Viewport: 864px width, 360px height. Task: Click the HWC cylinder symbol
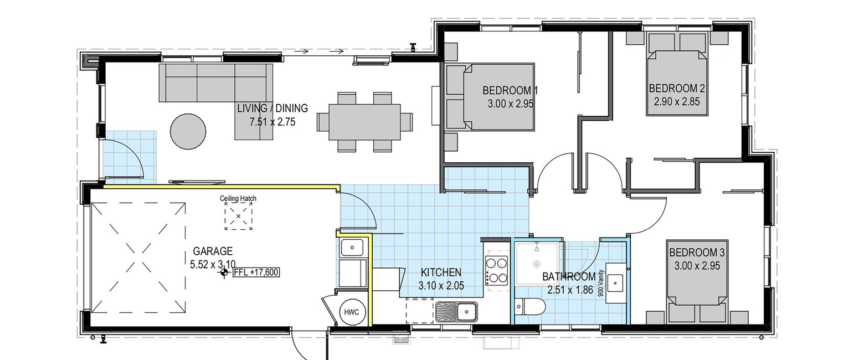click(x=352, y=312)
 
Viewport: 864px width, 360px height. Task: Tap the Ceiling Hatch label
click(x=238, y=198)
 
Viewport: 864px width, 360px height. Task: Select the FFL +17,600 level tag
click(x=256, y=272)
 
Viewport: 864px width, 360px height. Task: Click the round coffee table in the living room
click(x=188, y=131)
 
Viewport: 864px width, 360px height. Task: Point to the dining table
click(x=364, y=122)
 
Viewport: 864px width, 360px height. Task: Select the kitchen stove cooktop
click(x=496, y=270)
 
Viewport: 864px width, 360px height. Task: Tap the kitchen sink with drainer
click(x=457, y=311)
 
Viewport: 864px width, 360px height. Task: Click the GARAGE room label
click(x=213, y=251)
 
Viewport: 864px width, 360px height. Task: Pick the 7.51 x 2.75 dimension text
click(x=272, y=122)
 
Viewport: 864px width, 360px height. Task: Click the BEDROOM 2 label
click(x=677, y=89)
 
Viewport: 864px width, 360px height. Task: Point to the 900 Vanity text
click(x=600, y=283)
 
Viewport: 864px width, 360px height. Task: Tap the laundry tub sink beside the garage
click(x=351, y=248)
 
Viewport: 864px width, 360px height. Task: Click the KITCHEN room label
click(x=441, y=272)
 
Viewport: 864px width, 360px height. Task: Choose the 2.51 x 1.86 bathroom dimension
click(x=570, y=290)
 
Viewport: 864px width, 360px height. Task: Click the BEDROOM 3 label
click(x=697, y=253)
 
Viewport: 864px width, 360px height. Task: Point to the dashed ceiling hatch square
click(x=238, y=216)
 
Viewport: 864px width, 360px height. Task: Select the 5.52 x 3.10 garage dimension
click(x=213, y=265)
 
